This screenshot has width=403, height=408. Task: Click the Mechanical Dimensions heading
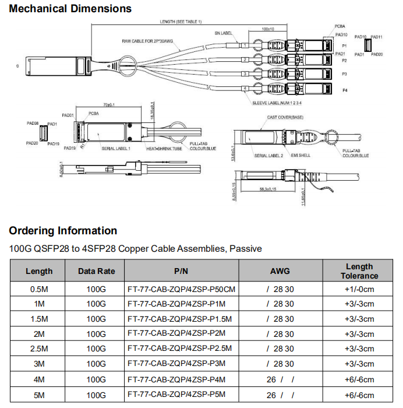[70, 9]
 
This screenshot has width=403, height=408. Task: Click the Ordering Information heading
[63, 231]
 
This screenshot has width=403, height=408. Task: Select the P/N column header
[181, 271]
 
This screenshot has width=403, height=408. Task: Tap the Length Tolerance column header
[359, 271]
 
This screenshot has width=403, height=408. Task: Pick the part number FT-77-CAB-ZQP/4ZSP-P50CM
[181, 289]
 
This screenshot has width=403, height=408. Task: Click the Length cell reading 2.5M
[39, 349]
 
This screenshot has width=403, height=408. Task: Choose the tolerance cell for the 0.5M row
[359, 289]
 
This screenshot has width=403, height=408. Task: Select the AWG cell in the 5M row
[280, 394]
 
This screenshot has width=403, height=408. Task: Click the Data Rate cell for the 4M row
[96, 379]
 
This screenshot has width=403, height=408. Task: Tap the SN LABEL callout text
[224, 33]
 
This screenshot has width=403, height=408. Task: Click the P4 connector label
[345, 90]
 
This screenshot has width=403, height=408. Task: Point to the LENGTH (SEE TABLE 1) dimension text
[181, 22]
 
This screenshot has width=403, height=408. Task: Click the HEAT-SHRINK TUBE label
[164, 149]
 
